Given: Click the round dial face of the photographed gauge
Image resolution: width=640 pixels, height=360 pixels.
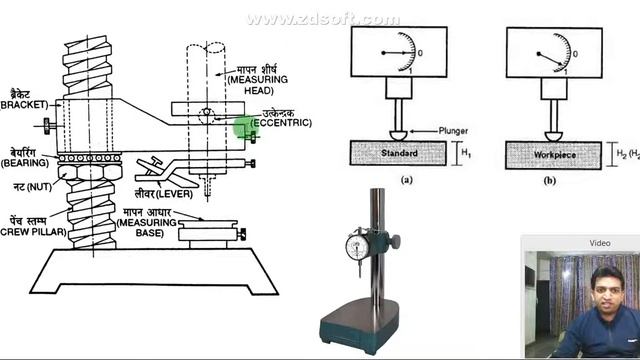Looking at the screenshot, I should (x=357, y=247).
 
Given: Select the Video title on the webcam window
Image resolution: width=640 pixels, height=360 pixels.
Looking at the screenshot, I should (x=599, y=243).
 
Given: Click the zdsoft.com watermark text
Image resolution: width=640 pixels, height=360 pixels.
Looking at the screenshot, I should (x=322, y=20).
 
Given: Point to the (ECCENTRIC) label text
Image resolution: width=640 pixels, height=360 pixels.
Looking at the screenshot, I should (x=281, y=122).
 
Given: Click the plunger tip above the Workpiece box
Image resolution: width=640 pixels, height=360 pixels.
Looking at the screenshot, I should (x=552, y=133).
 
